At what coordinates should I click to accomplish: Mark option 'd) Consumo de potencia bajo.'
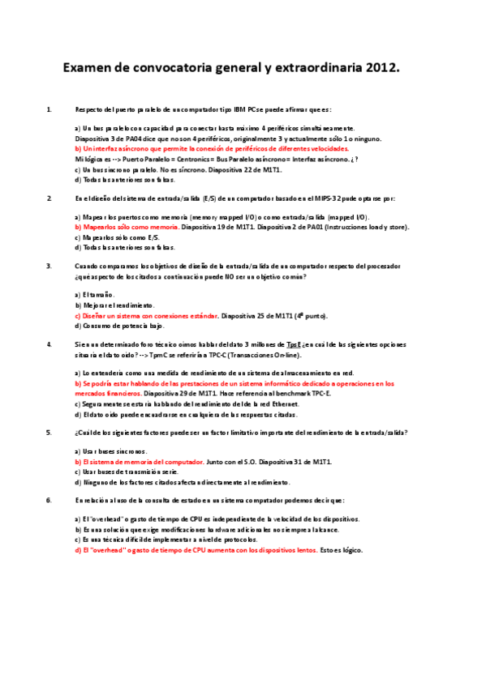(114, 326)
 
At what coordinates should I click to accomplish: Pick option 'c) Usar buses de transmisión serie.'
(124, 472)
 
